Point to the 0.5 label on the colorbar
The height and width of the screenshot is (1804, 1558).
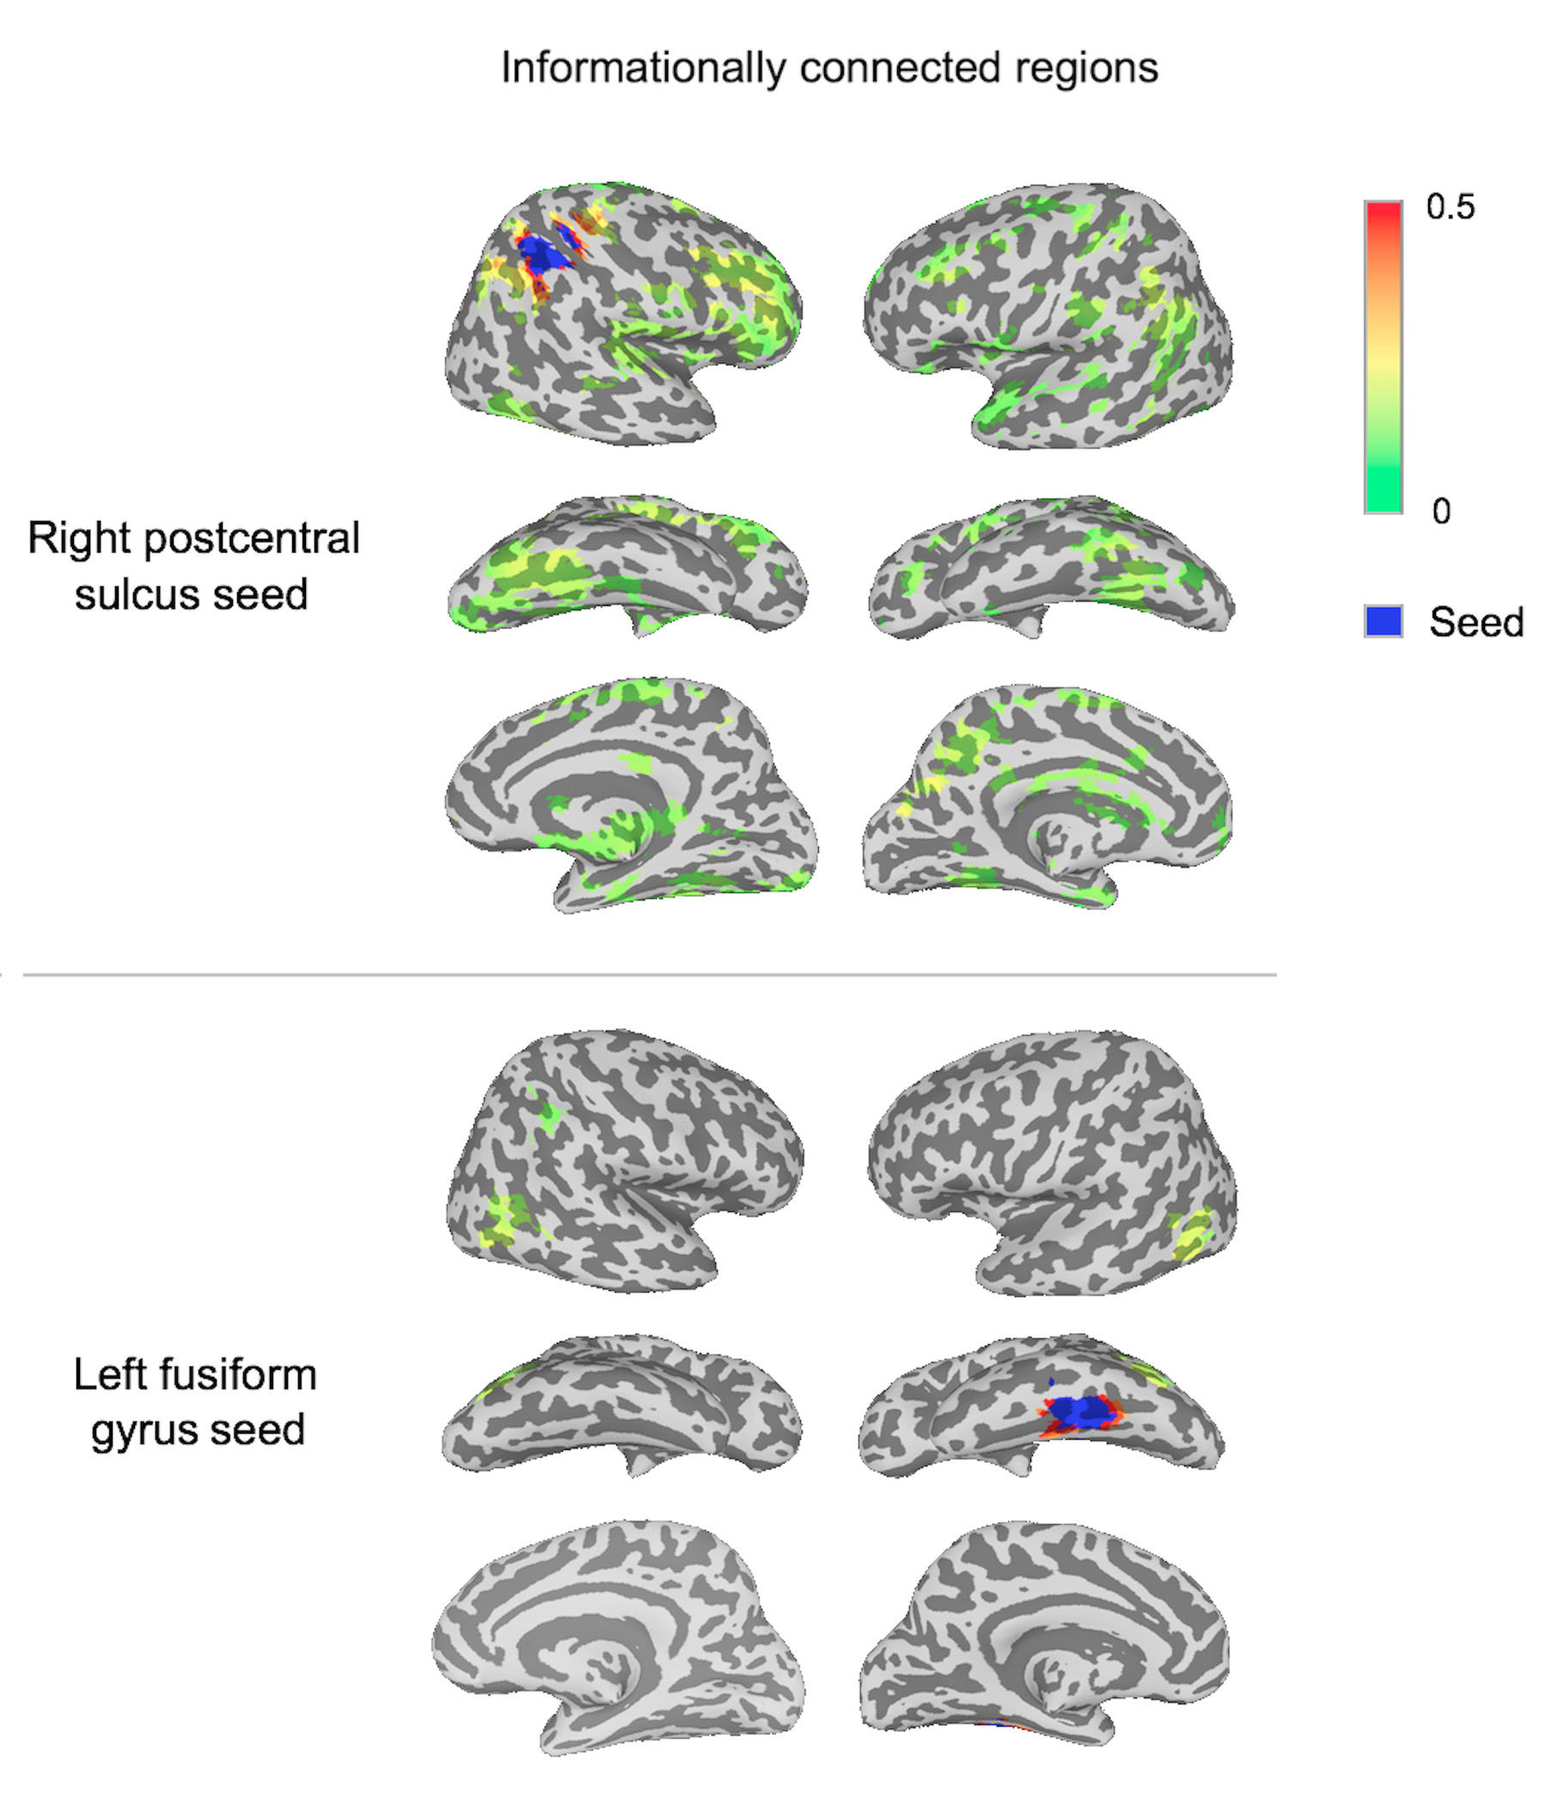(x=1450, y=207)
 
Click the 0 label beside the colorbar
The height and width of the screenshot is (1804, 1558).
(x=1441, y=511)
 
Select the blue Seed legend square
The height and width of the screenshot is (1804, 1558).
(x=1383, y=621)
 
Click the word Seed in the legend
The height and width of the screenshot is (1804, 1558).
(x=1476, y=622)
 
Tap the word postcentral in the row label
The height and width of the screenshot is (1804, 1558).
(x=252, y=539)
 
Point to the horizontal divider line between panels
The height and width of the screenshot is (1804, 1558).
(x=650, y=975)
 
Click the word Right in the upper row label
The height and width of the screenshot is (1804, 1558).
(x=79, y=539)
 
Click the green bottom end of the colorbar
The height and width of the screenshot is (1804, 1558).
(x=1383, y=500)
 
